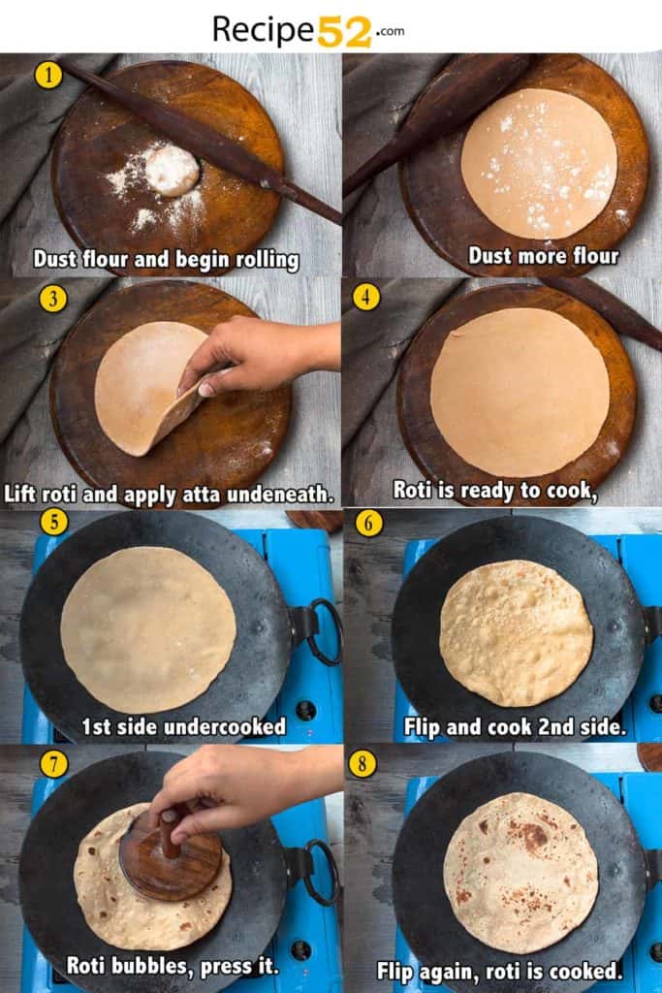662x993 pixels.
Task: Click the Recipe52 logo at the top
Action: pyautogui.click(x=308, y=29)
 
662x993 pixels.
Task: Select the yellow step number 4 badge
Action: pyautogui.click(x=365, y=297)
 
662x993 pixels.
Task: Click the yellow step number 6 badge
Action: pyautogui.click(x=368, y=524)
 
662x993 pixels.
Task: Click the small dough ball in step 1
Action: pyautogui.click(x=172, y=170)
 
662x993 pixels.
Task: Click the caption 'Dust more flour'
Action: pyautogui.click(x=543, y=256)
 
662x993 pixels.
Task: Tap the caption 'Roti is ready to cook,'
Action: pyautogui.click(x=494, y=490)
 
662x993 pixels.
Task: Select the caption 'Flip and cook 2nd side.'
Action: pyautogui.click(x=515, y=725)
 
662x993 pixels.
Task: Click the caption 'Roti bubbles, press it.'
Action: pyautogui.click(x=172, y=965)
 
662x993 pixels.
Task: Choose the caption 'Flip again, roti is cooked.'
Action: pyautogui.click(x=499, y=970)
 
